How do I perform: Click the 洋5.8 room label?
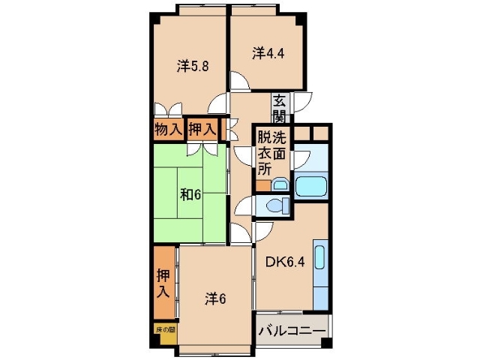click(193, 66)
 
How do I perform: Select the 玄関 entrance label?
click(279, 107)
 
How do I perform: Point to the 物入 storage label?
click(168, 129)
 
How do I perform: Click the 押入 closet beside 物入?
click(202, 129)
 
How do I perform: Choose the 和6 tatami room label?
click(190, 194)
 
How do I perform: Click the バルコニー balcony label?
click(292, 331)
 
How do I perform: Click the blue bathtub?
click(310, 185)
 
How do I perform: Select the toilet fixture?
click(274, 205)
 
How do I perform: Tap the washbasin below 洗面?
click(279, 184)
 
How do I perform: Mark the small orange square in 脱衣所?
click(262, 185)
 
